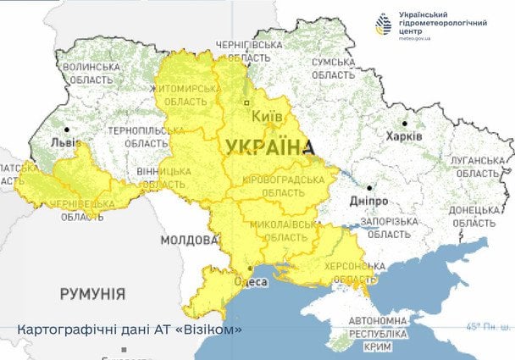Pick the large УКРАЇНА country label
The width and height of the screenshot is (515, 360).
(x=266, y=147)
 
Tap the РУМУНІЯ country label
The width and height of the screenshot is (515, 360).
(x=92, y=294)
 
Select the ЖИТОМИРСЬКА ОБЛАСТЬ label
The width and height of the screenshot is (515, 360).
(x=186, y=93)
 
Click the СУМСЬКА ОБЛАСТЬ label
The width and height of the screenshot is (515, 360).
(x=337, y=69)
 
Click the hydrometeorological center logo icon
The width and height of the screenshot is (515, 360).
(x=386, y=25)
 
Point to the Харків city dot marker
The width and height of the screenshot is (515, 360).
(x=405, y=123)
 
